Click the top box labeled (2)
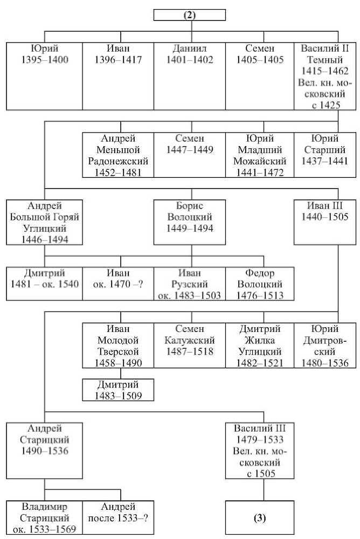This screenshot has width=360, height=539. click(x=190, y=15)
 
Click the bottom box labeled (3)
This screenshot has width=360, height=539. click(x=260, y=517)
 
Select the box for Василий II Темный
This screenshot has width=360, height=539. click(x=325, y=77)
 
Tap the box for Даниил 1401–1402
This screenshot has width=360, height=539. click(x=190, y=77)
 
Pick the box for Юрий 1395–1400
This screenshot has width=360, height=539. click(x=44, y=77)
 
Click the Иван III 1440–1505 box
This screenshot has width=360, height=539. click(x=325, y=222)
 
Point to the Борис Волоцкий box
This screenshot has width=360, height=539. click(x=190, y=222)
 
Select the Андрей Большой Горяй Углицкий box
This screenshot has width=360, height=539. click(x=44, y=222)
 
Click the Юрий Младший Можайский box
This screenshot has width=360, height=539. click(x=260, y=155)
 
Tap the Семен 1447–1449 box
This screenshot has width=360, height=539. click(x=190, y=155)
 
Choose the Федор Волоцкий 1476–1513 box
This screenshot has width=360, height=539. click(x=260, y=284)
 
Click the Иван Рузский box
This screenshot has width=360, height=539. click(x=190, y=284)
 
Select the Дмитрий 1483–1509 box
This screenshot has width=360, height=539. click(x=118, y=390)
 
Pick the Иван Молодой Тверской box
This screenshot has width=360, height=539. click(x=118, y=345)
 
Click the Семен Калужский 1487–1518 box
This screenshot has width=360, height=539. click(x=190, y=345)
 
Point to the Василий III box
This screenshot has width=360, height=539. click(x=260, y=451)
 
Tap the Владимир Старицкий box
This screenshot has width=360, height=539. click(x=44, y=517)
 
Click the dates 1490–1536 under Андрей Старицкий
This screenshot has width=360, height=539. click(x=44, y=451)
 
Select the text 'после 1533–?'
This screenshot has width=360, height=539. click(x=118, y=518)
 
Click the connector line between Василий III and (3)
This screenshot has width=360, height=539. click(x=264, y=489)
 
